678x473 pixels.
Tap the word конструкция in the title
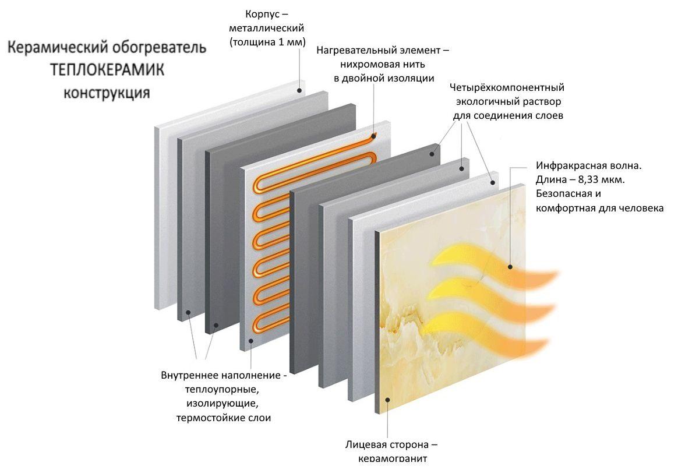click(107, 93)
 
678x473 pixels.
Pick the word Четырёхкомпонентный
click(507, 87)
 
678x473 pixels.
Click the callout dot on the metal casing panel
click(299, 90)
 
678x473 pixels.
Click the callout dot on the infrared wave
click(510, 267)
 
